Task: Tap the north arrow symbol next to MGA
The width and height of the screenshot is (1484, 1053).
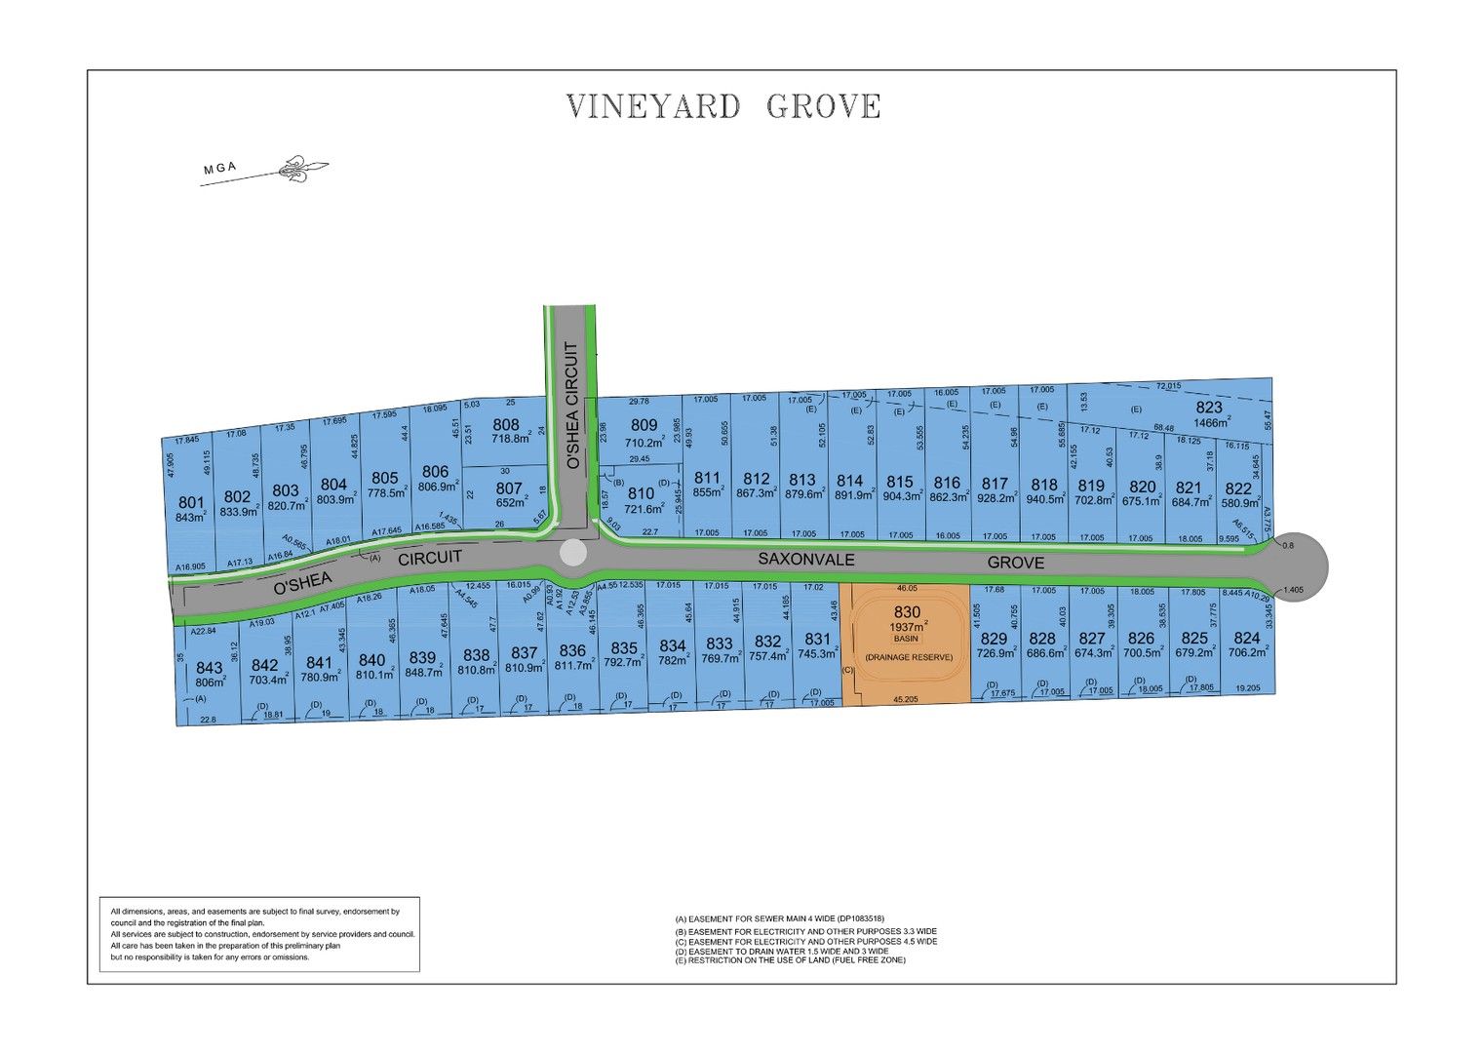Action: point(301,170)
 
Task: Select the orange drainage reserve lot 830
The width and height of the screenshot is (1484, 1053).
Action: point(907,643)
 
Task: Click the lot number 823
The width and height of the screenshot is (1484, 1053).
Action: point(1209,408)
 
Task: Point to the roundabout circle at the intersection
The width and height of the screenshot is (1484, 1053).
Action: point(573,553)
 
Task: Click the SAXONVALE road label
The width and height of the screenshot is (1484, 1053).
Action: point(806,560)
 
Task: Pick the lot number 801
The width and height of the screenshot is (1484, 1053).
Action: point(191,503)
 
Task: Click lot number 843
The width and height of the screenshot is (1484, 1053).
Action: point(210,668)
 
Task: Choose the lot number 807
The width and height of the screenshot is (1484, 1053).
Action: point(509,487)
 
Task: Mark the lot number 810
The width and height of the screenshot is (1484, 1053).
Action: point(641,493)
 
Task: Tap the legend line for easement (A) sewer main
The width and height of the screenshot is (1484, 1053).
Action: point(779,918)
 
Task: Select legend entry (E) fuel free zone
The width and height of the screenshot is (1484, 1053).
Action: point(797,960)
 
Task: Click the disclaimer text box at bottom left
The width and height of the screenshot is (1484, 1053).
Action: point(259,934)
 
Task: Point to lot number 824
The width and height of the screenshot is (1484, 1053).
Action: point(1246,639)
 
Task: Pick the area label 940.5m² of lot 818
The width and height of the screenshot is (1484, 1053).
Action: point(1043,499)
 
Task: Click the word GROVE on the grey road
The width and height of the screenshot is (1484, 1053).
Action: point(1015,563)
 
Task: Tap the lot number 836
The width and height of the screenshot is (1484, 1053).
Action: point(572,650)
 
